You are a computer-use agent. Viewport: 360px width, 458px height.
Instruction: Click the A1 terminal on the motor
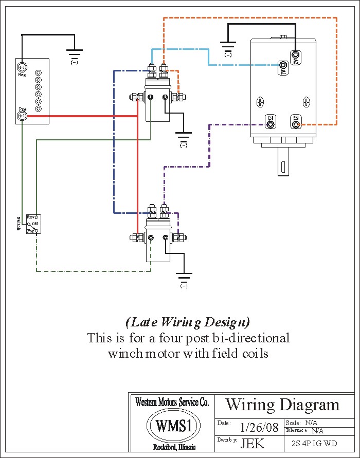(x=283, y=65)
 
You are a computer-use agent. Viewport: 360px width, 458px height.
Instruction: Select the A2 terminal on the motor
(x=296, y=54)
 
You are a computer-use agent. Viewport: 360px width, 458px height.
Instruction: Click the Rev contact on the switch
(x=37, y=217)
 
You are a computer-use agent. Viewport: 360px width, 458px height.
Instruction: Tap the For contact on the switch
(x=37, y=231)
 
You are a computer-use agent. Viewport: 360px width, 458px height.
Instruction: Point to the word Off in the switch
(x=35, y=224)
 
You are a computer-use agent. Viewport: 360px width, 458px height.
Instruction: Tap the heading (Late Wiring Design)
(x=188, y=322)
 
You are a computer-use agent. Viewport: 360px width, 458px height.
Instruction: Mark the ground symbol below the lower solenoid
(x=184, y=277)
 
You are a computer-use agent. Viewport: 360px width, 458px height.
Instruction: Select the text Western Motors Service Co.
(x=172, y=402)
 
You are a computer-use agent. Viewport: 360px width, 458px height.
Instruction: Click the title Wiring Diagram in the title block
(x=282, y=405)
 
